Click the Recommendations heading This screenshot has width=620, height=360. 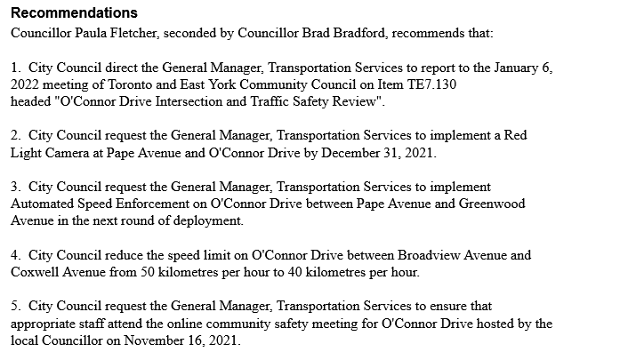tap(74, 13)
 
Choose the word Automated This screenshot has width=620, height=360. tap(48, 204)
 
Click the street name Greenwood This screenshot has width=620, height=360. tap(493, 204)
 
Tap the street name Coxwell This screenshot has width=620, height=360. tap(38, 271)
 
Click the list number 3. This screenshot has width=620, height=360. tap(16, 187)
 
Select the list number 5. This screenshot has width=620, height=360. tap(16, 306)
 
